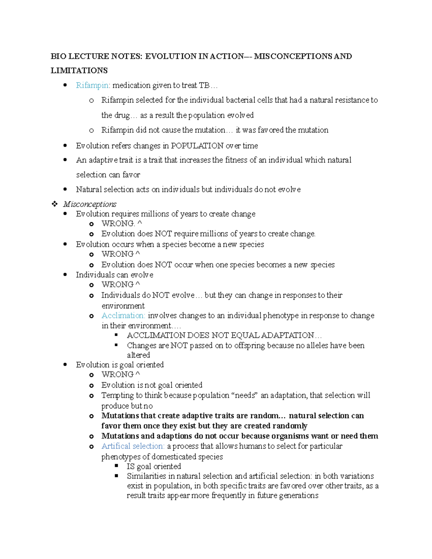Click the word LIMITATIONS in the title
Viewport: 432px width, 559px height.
pyautogui.click(x=79, y=71)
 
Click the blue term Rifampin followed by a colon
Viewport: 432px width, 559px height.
pyautogui.click(x=93, y=85)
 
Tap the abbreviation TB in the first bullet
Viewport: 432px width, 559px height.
pyautogui.click(x=204, y=85)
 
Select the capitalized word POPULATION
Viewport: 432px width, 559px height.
pyautogui.click(x=197, y=146)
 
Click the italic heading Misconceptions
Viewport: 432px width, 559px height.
pyautogui.click(x=90, y=204)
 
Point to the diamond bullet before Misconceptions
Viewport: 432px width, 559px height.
pyautogui.click(x=55, y=204)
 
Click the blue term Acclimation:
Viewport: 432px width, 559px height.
pyautogui.click(x=123, y=316)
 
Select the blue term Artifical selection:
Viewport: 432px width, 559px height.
pyautogui.click(x=132, y=446)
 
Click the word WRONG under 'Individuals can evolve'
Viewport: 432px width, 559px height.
pyautogui.click(x=117, y=285)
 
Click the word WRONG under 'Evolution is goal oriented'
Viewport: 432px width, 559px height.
pyautogui.click(x=117, y=375)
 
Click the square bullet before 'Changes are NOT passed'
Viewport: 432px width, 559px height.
pyautogui.click(x=116, y=345)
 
